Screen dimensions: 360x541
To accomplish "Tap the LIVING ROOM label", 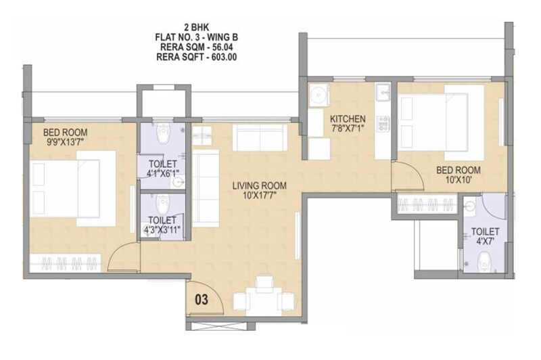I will pos(260,185).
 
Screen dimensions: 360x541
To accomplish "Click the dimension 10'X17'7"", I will pos(260,196).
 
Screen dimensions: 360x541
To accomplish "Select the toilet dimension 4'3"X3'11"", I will pos(162,229).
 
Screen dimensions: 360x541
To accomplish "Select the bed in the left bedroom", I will pos(73,189).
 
